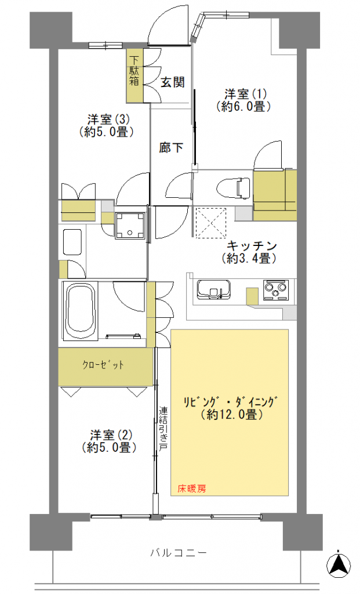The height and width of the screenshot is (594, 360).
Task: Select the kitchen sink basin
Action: click(213, 290)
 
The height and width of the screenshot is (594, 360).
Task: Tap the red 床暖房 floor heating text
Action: click(192, 488)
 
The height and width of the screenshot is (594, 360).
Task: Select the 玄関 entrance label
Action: click(173, 82)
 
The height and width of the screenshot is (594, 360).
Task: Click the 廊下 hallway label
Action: click(171, 147)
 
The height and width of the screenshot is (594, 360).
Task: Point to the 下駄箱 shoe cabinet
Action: click(134, 76)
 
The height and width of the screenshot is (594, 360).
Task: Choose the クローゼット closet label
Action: click(103, 365)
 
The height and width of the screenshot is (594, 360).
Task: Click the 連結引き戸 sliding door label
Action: click(163, 429)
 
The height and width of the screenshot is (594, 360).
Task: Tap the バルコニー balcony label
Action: click(179, 553)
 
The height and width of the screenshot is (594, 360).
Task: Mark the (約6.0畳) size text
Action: click(244, 107)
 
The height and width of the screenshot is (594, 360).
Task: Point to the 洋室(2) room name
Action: click(109, 434)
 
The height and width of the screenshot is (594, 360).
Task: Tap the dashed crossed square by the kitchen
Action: click(210, 223)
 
